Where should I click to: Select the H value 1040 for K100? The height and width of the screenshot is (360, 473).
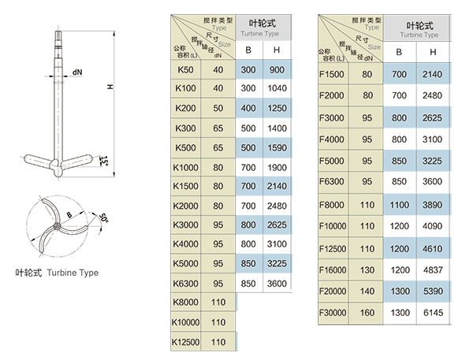tap(277, 88)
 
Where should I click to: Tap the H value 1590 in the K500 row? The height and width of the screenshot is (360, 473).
tap(277, 147)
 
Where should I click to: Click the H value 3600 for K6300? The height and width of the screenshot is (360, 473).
tap(277, 283)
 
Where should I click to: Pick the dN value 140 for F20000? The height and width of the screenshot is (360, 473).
tap(367, 290)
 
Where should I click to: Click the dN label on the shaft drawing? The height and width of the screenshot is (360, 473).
tap(77, 72)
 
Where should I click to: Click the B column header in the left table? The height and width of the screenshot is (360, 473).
tap(249, 50)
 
